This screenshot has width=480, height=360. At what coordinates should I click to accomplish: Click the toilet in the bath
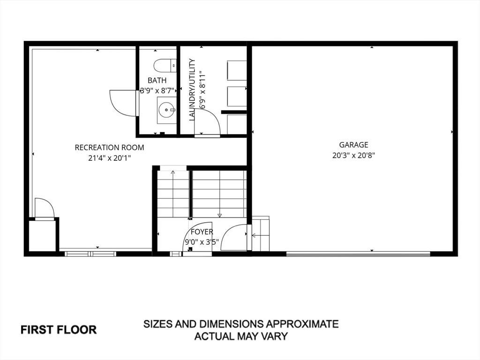coord(165,65)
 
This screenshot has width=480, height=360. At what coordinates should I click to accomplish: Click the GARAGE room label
coord(353,145)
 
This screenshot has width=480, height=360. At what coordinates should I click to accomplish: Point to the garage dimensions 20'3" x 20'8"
coord(354,156)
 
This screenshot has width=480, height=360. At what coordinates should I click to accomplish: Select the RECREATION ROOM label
coord(109,148)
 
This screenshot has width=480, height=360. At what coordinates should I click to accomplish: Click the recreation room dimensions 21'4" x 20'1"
coord(109,158)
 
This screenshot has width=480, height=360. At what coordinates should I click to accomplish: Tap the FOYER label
coord(202,232)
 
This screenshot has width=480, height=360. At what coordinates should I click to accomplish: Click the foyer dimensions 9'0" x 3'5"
coord(202,242)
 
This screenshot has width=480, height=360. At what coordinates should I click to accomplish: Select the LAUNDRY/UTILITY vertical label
coord(192,90)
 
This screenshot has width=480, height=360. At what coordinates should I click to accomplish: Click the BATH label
coord(157,81)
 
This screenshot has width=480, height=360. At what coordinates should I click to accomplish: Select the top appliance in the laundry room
coord(237,70)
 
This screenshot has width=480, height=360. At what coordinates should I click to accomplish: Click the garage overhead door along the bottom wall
coord(358,255)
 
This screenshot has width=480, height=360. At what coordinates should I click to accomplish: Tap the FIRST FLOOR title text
coord(59,330)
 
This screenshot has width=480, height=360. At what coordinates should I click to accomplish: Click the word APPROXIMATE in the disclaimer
coord(302,324)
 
